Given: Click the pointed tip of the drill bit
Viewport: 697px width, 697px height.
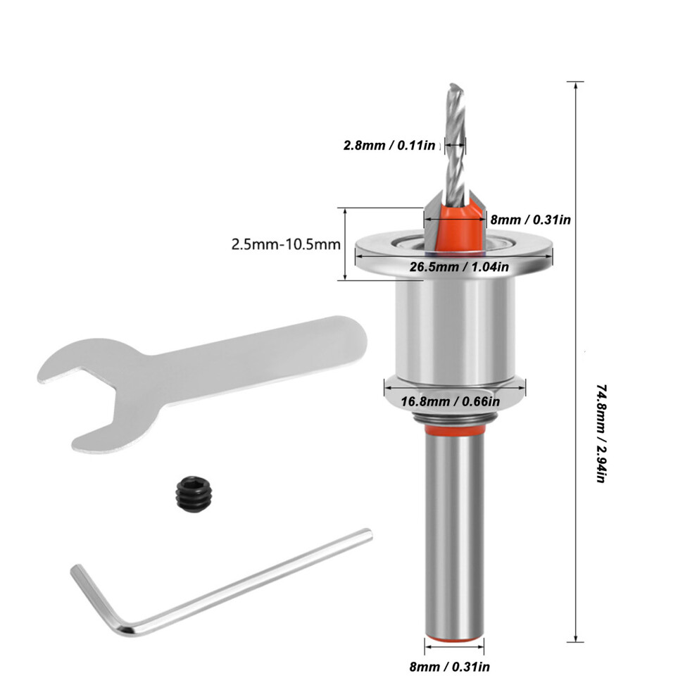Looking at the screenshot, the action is coord(453,84).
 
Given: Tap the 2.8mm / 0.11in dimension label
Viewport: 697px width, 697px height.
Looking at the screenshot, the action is coord(389,145).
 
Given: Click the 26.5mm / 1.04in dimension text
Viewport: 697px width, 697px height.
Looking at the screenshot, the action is coord(459,267).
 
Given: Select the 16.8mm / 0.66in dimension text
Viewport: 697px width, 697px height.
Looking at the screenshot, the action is coord(451,401).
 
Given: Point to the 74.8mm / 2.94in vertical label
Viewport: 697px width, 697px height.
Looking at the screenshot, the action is coord(600,434).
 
